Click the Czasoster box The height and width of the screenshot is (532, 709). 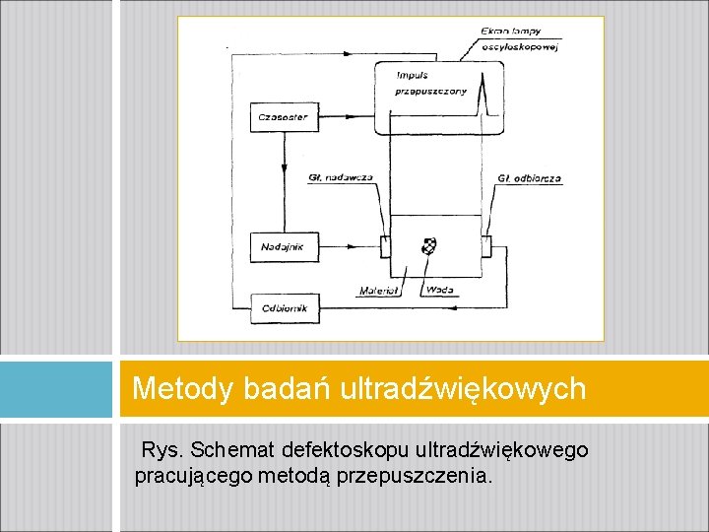click(x=283, y=117)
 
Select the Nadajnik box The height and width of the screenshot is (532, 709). click(x=283, y=246)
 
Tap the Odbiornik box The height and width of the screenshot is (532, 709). click(x=285, y=308)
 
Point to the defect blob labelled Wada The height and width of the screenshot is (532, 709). click(x=428, y=246)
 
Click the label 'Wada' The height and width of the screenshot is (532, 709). click(x=438, y=290)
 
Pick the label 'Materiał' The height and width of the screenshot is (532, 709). click(x=378, y=291)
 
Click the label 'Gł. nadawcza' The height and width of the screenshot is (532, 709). click(x=340, y=177)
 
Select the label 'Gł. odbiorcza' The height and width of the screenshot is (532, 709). click(x=529, y=178)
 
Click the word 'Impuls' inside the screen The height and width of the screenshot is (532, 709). click(x=412, y=75)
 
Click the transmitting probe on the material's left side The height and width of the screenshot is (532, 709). click(x=385, y=245)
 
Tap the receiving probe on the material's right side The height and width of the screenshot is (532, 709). click(x=485, y=245)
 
